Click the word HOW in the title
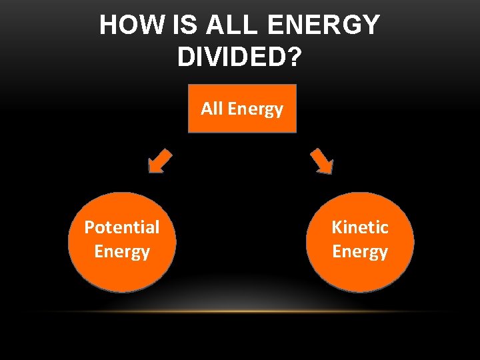point(130,26)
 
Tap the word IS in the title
point(183,26)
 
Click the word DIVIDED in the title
point(231,57)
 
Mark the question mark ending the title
point(293,57)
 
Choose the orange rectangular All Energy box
point(242,109)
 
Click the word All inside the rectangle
point(212,108)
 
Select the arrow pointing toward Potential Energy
point(160,161)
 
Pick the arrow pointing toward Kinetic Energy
point(321,161)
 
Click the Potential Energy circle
point(122,242)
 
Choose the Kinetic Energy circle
point(360,242)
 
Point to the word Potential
point(122,227)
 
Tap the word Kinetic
point(360,227)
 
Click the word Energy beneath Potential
point(122,252)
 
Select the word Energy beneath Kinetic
point(360,252)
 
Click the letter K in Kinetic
point(337,227)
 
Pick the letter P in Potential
point(89,227)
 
